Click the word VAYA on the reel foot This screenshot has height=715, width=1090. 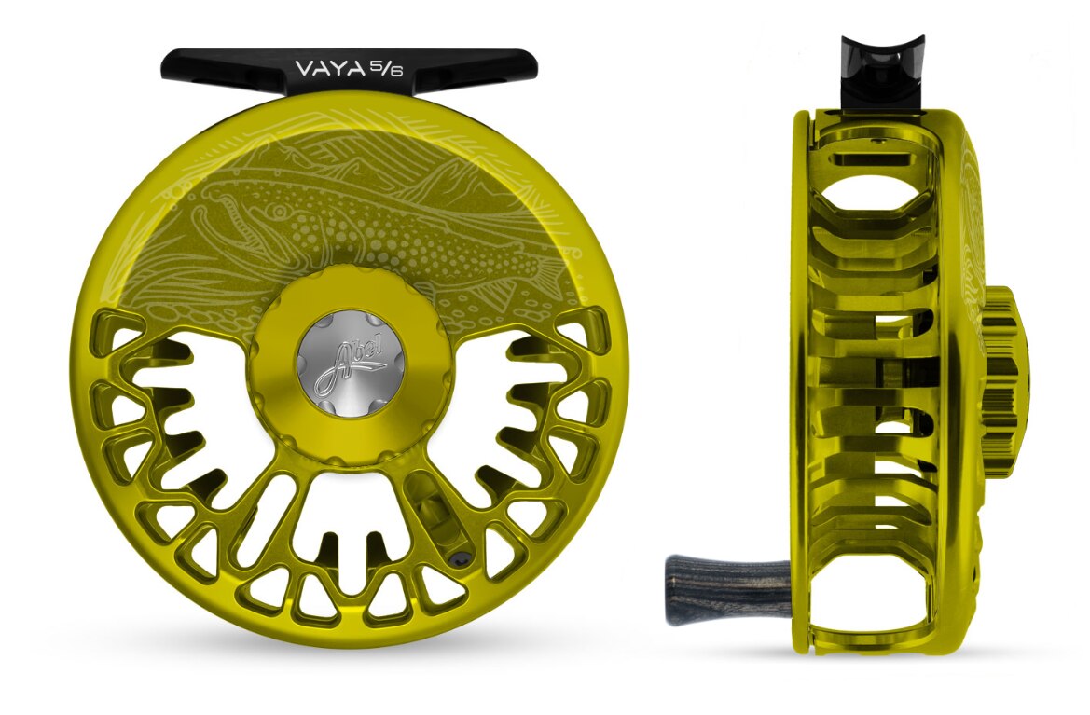pyautogui.click(x=328, y=67)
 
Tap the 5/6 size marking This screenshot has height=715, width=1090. pyautogui.click(x=385, y=67)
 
